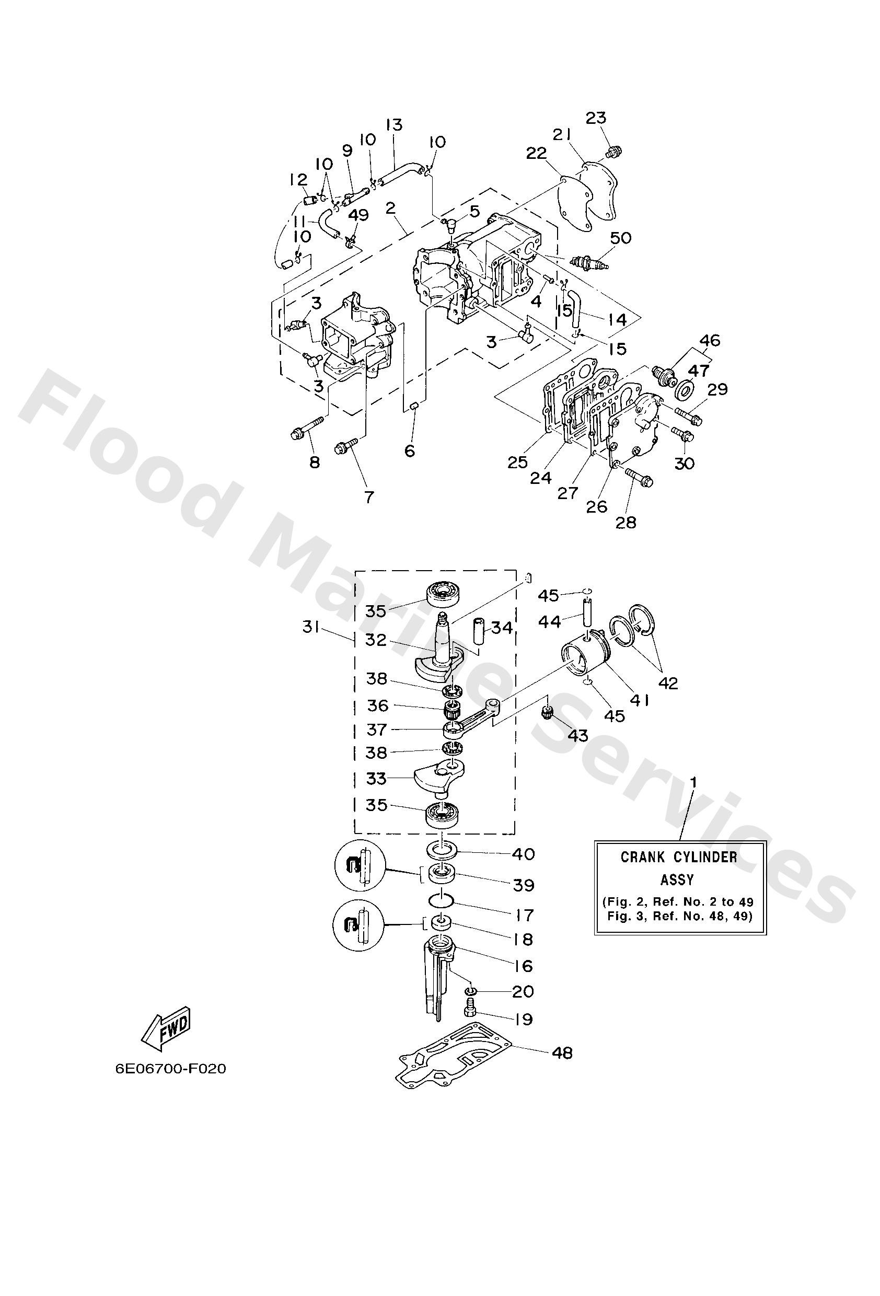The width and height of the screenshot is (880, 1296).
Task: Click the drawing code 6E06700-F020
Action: (x=171, y=1069)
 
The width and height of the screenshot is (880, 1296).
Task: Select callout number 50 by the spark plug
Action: (x=621, y=238)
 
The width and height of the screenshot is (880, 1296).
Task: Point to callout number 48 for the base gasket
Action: (x=562, y=1053)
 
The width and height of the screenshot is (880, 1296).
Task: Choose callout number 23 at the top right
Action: (x=596, y=118)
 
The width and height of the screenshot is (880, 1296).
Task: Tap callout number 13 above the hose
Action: (x=393, y=124)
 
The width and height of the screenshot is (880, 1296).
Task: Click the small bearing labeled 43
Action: (x=547, y=712)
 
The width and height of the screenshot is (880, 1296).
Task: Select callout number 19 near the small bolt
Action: (x=523, y=1019)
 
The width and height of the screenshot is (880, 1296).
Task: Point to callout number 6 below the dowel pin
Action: (x=410, y=450)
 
